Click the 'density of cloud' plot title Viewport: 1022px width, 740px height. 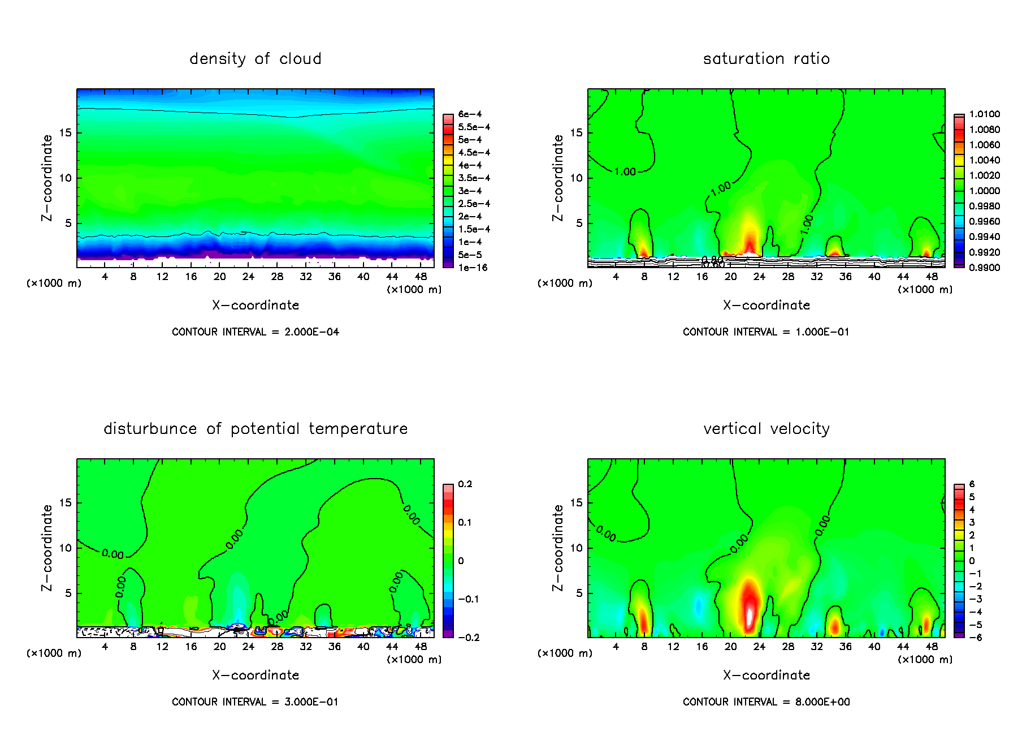255,59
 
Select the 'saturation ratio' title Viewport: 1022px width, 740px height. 766,59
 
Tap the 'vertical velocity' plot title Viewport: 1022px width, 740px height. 766,429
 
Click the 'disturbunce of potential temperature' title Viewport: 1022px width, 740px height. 255,429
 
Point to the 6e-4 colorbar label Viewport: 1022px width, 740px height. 470,114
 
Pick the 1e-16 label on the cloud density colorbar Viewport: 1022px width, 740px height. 473,268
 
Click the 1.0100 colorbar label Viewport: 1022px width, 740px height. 984,114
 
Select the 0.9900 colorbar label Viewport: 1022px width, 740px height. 984,268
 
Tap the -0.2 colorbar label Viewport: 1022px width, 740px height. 468,638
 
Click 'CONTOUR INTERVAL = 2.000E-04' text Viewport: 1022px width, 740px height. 255,332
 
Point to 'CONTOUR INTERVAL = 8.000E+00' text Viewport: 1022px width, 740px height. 766,702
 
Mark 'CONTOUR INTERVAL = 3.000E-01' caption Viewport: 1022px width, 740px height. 255,702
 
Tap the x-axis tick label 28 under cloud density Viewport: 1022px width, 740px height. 277,277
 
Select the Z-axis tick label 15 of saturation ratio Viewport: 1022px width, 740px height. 576,133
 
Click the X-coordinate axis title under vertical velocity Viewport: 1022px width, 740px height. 766,676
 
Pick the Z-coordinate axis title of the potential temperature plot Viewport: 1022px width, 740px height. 47,548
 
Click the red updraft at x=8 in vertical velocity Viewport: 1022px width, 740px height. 643,619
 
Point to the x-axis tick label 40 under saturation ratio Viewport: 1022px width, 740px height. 874,277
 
